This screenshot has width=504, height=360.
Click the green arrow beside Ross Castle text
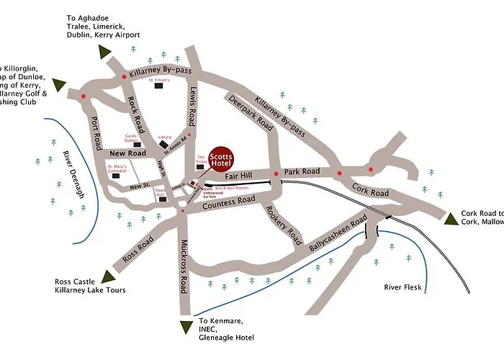[x=108, y=276]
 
